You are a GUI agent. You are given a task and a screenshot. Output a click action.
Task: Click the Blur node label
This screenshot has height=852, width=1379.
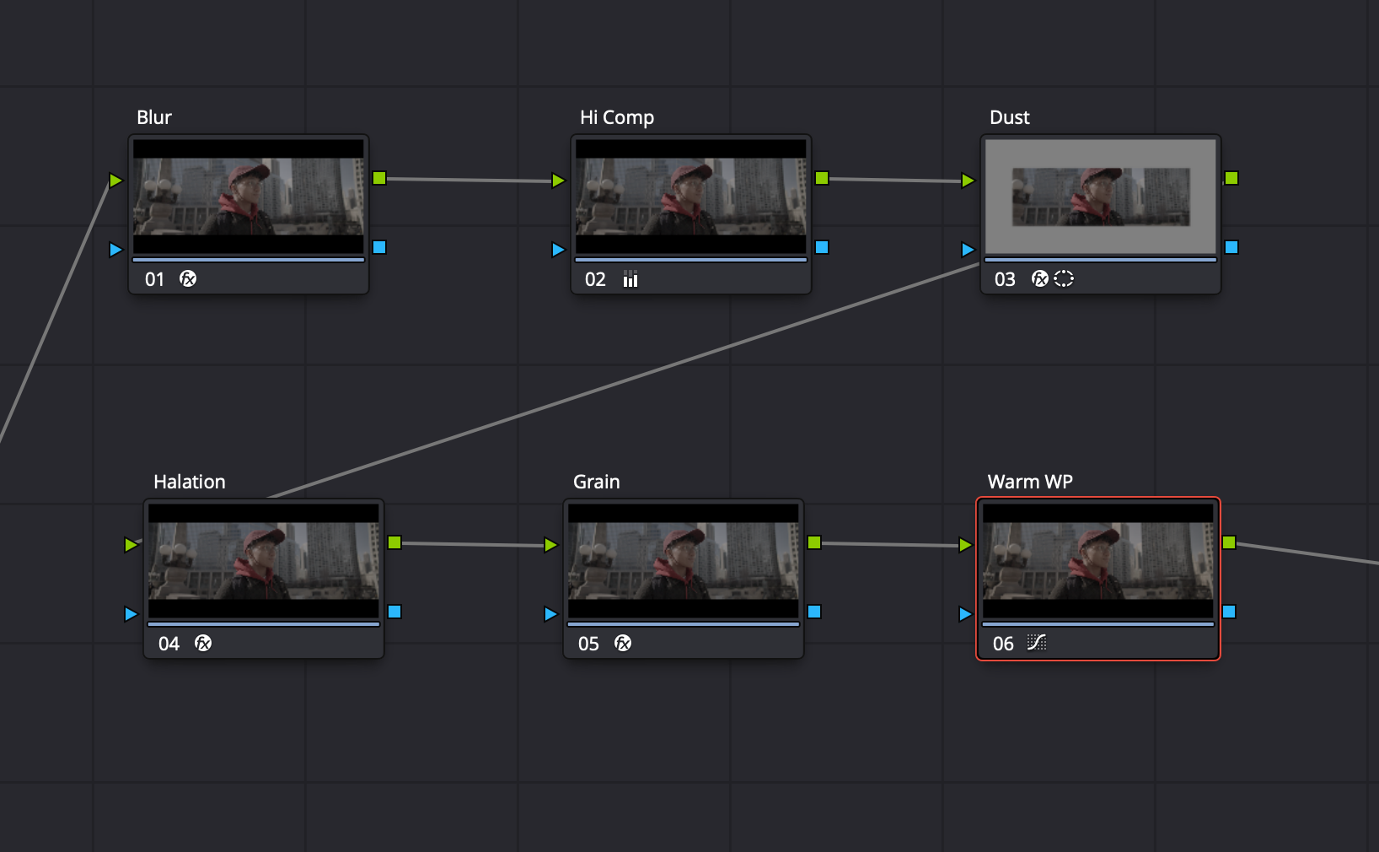click(154, 117)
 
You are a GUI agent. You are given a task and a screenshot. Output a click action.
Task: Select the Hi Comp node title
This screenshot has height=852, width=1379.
click(616, 117)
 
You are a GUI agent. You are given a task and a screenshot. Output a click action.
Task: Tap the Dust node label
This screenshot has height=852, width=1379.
click(1009, 117)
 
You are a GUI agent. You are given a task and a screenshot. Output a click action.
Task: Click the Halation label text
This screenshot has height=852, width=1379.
click(189, 482)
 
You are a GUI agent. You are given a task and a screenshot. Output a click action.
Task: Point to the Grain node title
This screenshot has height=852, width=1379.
click(596, 482)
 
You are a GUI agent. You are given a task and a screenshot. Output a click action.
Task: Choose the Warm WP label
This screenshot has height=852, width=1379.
click(1029, 482)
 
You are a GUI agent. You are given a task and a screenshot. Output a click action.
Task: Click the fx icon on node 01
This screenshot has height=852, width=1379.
click(188, 278)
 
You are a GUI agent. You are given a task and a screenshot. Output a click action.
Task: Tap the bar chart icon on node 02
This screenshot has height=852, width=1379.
click(630, 279)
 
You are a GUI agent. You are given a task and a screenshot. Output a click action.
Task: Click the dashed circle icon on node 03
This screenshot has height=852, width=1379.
click(1064, 278)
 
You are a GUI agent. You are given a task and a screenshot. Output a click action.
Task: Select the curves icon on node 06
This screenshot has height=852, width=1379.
click(1037, 643)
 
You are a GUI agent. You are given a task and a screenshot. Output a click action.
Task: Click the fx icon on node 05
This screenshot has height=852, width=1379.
click(623, 643)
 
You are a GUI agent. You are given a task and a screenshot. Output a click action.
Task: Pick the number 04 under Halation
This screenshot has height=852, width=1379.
click(169, 644)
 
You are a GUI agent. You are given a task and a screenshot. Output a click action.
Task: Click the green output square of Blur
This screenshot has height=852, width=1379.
click(379, 178)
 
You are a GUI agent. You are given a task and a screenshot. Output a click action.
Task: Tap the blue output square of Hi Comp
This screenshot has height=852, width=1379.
click(822, 247)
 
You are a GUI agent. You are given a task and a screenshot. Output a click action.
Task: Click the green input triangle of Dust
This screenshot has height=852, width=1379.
click(967, 181)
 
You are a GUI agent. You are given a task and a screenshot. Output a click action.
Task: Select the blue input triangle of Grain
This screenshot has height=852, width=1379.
click(550, 614)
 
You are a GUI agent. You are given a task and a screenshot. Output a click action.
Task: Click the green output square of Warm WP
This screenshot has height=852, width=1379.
click(1229, 542)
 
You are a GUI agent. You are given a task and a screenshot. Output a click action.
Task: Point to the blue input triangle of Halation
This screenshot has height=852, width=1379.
click(131, 614)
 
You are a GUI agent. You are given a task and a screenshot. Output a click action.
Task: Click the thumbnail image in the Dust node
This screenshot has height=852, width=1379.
click(1100, 197)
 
